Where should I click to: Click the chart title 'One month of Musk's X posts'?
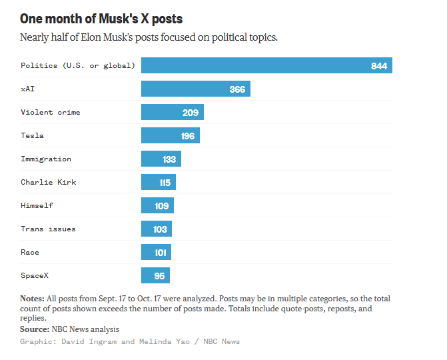pos(101,18)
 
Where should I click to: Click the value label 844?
pos(379,65)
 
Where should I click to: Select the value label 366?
pos(237,89)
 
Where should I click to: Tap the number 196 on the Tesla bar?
pos(187,136)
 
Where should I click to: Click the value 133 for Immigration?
pos(169,159)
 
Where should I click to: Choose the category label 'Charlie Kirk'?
pos(49,182)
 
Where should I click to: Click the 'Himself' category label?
pos(37,205)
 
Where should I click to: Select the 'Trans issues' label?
pos(48,229)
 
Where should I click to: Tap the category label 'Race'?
pos(30,252)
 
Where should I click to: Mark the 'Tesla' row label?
pos(32,135)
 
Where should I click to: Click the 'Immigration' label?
pos(46,159)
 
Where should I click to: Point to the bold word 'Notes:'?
pos(32,299)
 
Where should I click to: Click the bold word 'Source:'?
pos(35,329)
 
